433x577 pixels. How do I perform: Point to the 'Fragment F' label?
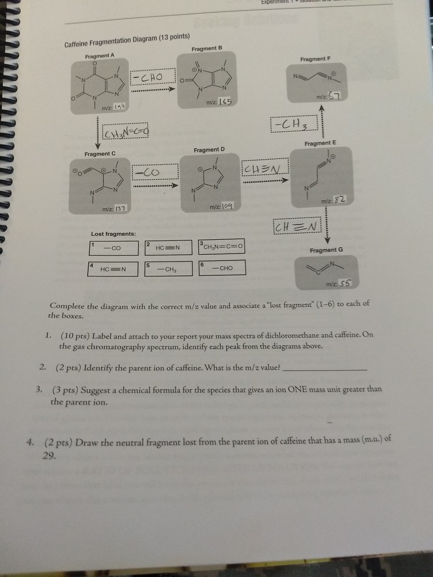315,59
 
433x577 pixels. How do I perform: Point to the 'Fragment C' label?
100,154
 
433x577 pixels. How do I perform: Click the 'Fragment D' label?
210,150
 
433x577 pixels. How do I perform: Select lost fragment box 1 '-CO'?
115,248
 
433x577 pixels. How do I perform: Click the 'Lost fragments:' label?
113,234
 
